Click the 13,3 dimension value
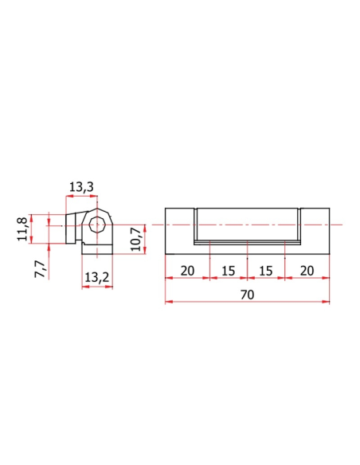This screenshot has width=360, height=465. pyautogui.click(x=81, y=187)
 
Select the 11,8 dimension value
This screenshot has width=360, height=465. pyautogui.click(x=22, y=229)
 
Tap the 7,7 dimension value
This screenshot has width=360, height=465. pyautogui.click(x=41, y=269)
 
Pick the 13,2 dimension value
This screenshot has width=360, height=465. pyautogui.click(x=97, y=278)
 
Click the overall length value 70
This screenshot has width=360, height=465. pyautogui.click(x=247, y=295)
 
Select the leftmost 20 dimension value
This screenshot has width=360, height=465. pyautogui.click(x=187, y=271)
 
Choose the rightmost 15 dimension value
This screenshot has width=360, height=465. pyautogui.click(x=266, y=271)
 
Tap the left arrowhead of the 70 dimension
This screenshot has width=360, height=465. pyautogui.click(x=169, y=302)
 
